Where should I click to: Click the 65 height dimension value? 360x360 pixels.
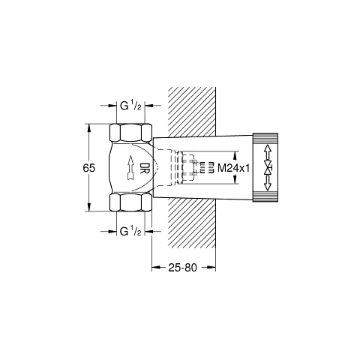89,168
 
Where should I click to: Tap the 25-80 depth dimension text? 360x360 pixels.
183,267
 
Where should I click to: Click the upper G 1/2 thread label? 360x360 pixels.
131,106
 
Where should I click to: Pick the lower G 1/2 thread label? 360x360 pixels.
131,231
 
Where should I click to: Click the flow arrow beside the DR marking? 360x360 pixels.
130,168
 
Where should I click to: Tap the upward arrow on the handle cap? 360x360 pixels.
267,152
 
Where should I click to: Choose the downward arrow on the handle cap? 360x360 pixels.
267,183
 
